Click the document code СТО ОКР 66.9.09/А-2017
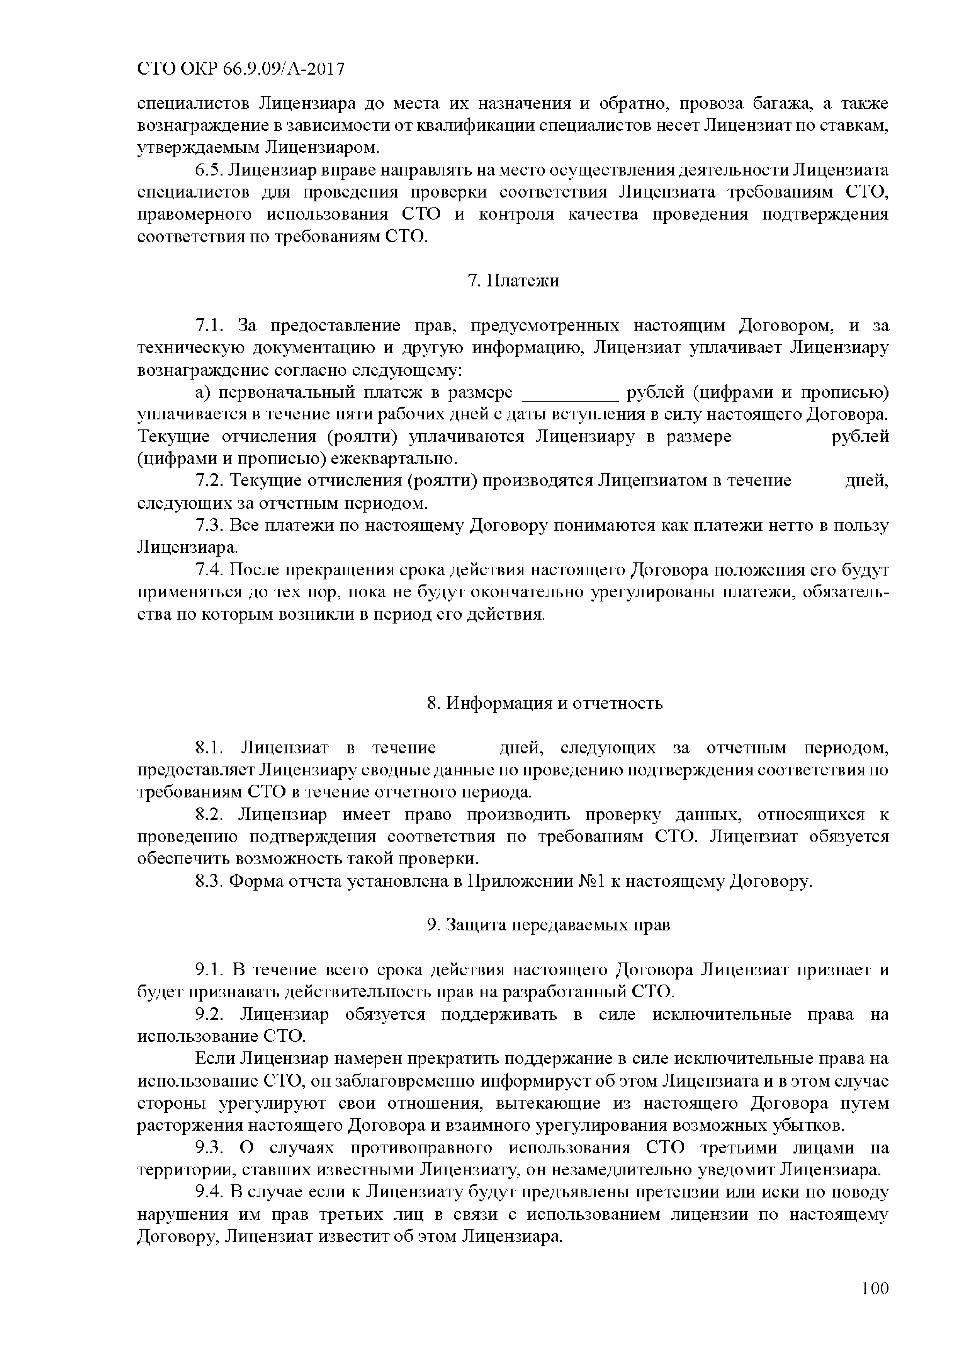point(240,70)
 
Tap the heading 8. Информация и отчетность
point(545,704)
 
